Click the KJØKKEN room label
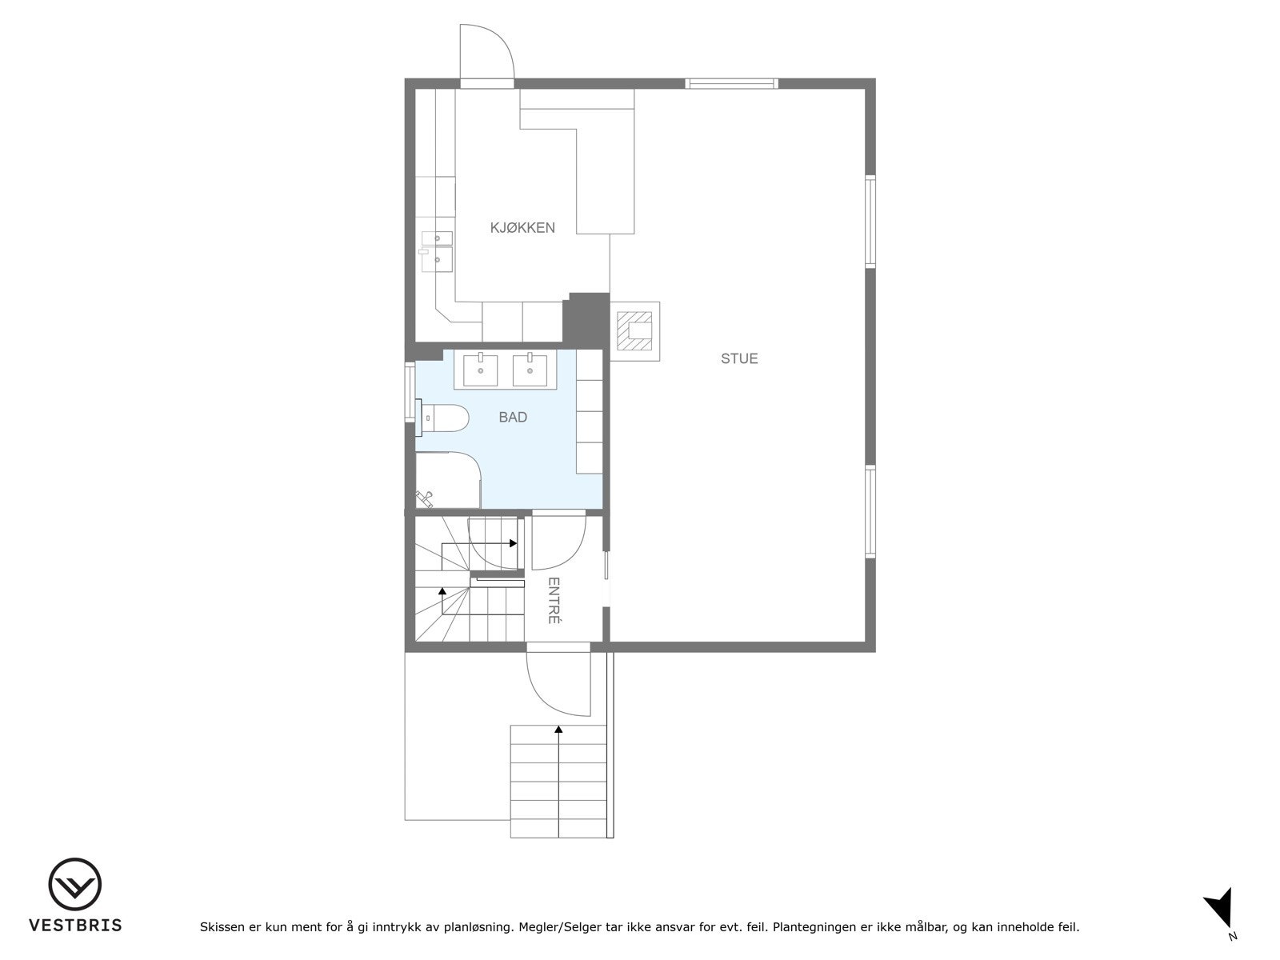(522, 228)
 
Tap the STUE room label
(739, 358)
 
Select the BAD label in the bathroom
(513, 417)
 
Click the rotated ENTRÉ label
(553, 600)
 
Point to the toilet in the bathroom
(445, 419)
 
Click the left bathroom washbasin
(481, 369)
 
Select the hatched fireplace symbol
(637, 328)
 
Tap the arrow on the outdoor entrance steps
(558, 730)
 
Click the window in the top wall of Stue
(731, 83)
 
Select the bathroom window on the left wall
(410, 391)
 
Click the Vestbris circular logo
(74, 885)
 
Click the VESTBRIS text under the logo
(75, 926)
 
